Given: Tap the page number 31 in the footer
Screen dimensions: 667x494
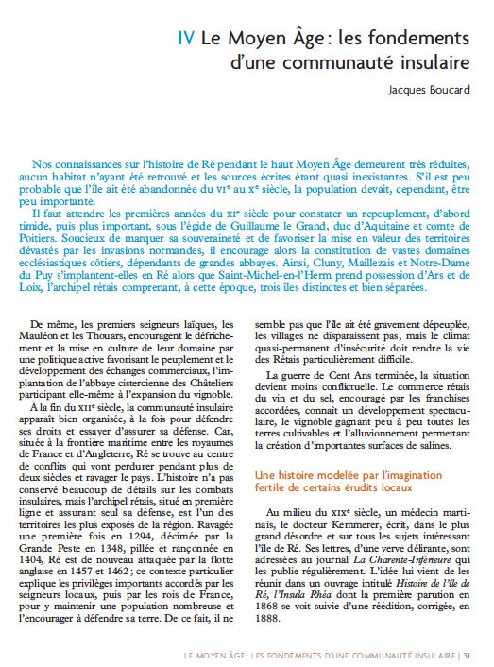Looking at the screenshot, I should click(x=468, y=654).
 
